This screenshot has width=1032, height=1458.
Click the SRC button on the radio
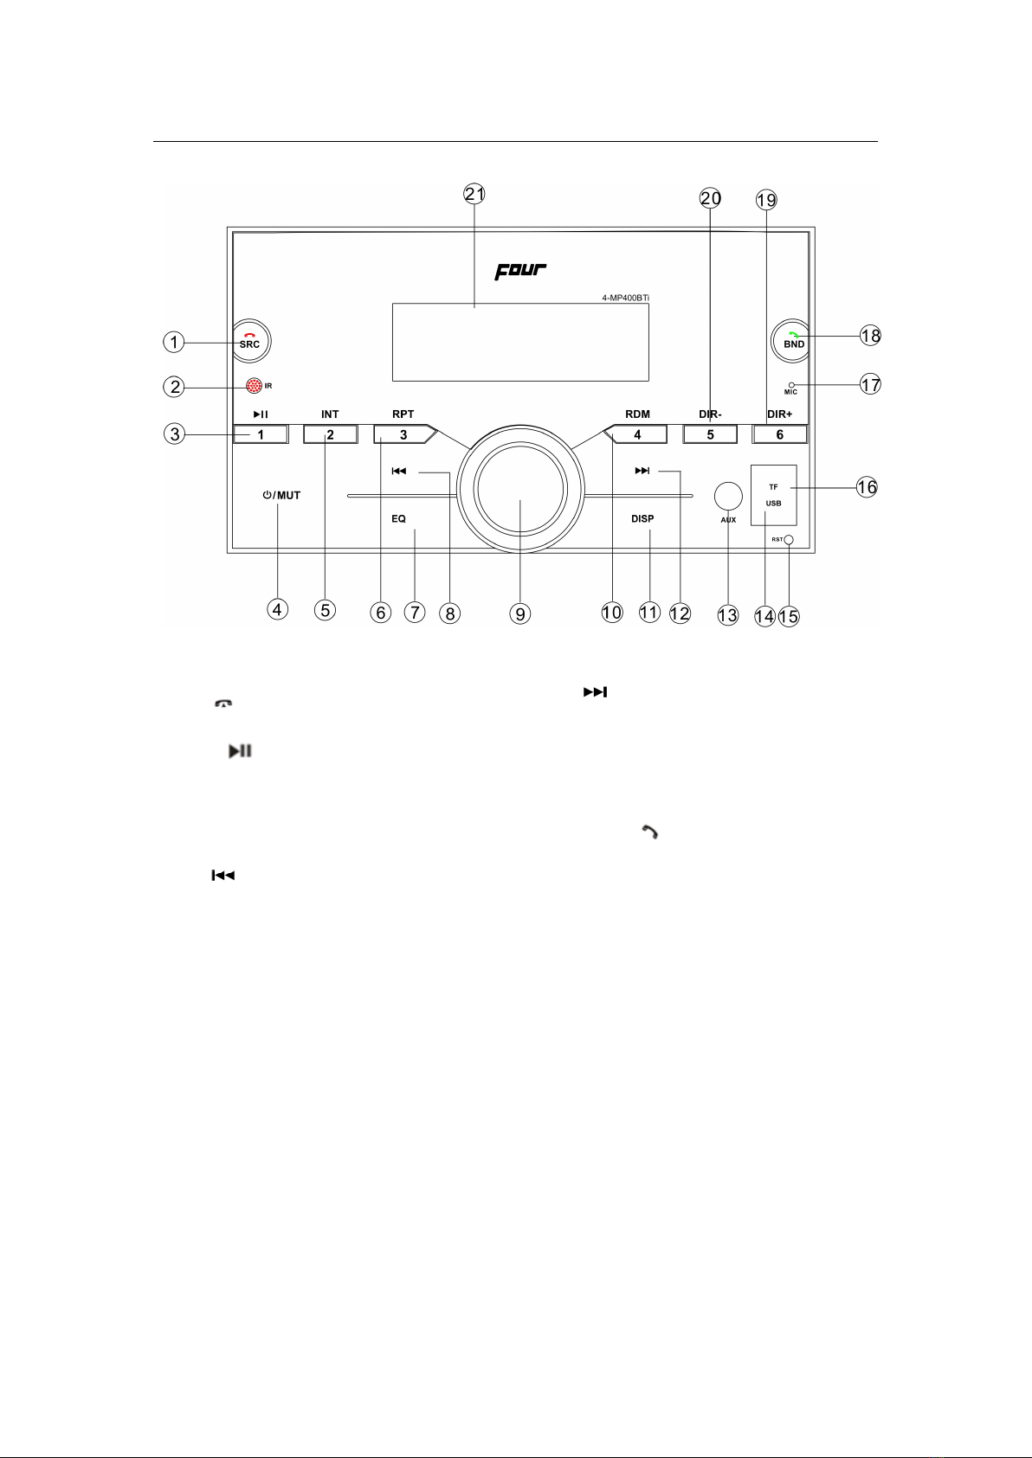click(x=251, y=340)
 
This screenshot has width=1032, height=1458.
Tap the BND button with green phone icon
click(x=790, y=340)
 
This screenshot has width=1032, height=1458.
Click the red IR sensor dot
click(x=254, y=385)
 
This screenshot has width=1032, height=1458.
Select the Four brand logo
click(x=520, y=271)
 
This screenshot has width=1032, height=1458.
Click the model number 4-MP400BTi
click(x=625, y=299)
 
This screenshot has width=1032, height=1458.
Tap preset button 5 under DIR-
click(x=710, y=434)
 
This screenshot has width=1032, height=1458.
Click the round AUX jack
click(x=728, y=496)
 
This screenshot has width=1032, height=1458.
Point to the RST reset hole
click(x=789, y=540)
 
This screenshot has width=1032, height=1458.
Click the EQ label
click(x=398, y=519)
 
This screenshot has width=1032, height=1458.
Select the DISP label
click(x=642, y=519)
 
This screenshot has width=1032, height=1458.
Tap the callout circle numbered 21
click(x=474, y=194)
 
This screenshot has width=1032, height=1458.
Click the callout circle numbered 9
click(x=519, y=613)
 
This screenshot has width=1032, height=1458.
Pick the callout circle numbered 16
click(x=867, y=487)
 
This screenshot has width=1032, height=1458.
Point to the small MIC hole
click(x=791, y=385)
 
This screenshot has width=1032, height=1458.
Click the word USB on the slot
click(x=773, y=503)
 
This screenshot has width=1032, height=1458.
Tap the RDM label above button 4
click(x=637, y=414)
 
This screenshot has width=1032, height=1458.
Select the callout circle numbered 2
click(x=174, y=387)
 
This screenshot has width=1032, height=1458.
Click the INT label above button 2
click(x=330, y=414)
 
